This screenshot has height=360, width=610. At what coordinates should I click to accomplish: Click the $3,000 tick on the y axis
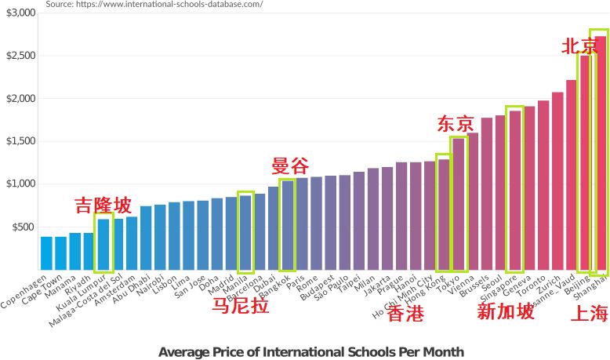[21, 13]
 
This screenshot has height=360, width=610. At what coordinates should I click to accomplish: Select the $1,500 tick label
[21, 141]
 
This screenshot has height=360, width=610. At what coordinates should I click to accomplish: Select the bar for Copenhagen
[46, 253]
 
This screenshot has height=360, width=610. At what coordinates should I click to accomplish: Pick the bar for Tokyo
[459, 204]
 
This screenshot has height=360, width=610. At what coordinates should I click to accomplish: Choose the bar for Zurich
[557, 180]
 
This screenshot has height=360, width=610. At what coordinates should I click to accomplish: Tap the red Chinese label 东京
[456, 124]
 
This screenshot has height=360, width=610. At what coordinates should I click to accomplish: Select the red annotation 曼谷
[290, 166]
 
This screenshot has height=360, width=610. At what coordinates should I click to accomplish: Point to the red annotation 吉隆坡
[103, 206]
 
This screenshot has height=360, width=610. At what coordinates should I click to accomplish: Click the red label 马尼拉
[241, 306]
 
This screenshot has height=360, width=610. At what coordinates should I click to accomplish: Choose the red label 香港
[405, 315]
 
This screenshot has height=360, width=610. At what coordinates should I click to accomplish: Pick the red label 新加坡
[507, 312]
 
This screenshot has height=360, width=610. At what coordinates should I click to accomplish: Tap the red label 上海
[589, 314]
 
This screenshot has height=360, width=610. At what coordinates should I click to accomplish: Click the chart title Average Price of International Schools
[311, 351]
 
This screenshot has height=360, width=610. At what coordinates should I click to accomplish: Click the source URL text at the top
[154, 4]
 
